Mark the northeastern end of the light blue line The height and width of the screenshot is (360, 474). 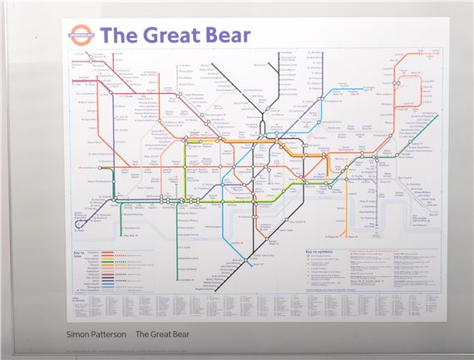434,116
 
